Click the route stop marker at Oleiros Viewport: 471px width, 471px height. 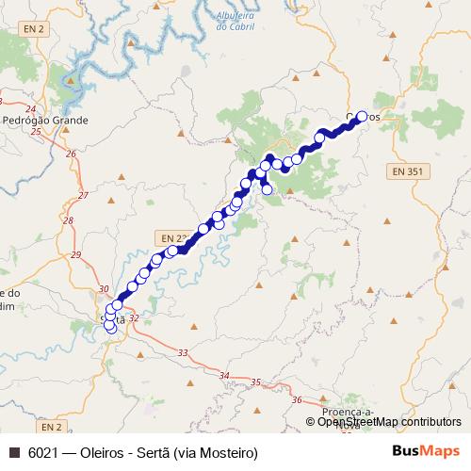click(362, 118)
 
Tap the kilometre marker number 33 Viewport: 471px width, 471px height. click(182, 352)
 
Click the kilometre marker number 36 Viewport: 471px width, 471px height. click(297, 400)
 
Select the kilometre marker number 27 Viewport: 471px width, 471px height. click(82, 196)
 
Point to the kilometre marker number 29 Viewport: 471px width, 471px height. click(76, 255)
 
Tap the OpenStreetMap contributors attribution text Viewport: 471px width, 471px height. click(389, 422)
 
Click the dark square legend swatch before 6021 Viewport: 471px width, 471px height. click(13, 453)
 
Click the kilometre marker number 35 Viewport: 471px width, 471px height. click(255, 382)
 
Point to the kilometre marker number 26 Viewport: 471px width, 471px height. click(70, 153)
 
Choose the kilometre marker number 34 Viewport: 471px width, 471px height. click(223, 376)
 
